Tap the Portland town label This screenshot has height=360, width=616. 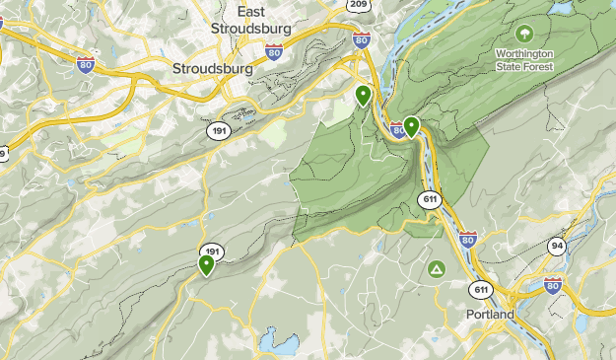490,314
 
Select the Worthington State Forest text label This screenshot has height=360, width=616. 524,60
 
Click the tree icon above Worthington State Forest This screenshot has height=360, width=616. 524,33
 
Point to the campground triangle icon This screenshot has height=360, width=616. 436,268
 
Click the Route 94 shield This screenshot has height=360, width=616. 558,247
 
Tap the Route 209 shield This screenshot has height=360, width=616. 359,5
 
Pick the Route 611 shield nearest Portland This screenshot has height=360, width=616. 481,289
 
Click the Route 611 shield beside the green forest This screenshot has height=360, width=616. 429,199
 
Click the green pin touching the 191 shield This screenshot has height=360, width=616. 207,264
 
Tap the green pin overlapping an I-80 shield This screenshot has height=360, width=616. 411,126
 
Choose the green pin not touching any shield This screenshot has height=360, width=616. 363,96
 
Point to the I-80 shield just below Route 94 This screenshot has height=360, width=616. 552,286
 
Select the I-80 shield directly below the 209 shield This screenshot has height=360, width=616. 361,40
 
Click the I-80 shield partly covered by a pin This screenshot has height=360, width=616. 399,129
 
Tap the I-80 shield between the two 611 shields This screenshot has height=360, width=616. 467,240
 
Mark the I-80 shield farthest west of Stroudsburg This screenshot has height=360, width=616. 87,63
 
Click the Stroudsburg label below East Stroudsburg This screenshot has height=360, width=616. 212,70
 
